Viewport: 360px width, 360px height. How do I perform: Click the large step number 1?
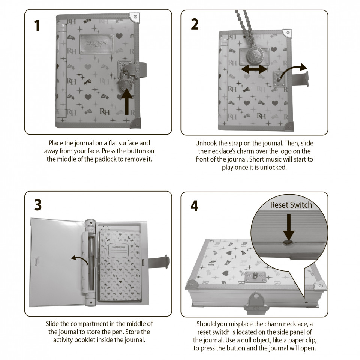(37, 25)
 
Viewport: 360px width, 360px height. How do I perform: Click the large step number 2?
(195, 24)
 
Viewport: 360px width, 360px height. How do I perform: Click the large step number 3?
(38, 205)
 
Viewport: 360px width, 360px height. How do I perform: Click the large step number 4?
(194, 206)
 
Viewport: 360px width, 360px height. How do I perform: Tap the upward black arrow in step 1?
(126, 102)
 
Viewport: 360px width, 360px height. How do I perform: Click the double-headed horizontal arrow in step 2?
(254, 69)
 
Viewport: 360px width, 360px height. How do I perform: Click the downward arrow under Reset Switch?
(289, 227)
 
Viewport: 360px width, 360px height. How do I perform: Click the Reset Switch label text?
(291, 205)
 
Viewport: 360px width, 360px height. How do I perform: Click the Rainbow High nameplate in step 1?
(97, 44)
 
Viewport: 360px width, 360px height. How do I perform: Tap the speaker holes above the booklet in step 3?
(105, 229)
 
